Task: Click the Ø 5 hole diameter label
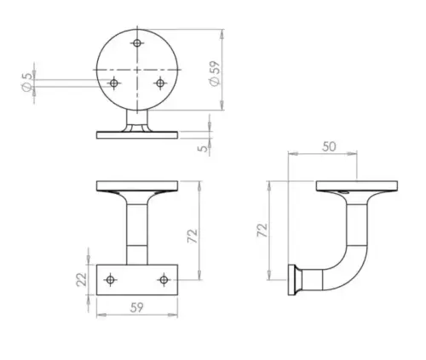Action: pos(27,83)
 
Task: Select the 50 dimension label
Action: pos(330,146)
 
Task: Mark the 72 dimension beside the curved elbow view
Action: pos(262,230)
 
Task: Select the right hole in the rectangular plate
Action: pos(164,278)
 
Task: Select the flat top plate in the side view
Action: pos(358,186)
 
